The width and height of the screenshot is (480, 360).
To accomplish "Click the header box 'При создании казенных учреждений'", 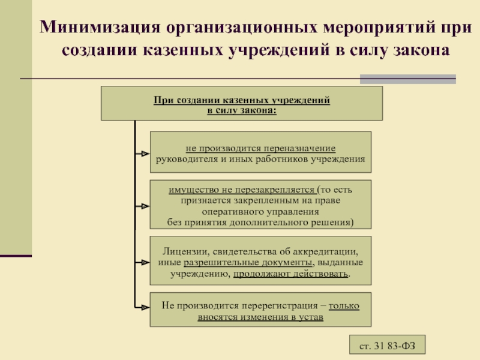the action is [x=241, y=103].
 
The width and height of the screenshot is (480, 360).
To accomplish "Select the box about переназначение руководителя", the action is [x=260, y=153].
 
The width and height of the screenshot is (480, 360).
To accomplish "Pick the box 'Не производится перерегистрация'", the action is [x=260, y=310].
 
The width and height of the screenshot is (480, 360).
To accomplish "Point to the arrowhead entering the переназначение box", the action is [x=145, y=153].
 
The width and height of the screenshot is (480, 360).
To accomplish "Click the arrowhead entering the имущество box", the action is [x=145, y=206].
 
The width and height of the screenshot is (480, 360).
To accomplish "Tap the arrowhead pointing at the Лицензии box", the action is [x=145, y=262].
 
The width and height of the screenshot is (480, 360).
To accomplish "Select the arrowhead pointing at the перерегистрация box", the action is [x=145, y=307].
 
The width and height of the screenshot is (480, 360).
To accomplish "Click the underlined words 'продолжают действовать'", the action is [x=290, y=273].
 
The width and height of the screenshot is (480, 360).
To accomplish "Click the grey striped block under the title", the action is [x=407, y=79].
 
